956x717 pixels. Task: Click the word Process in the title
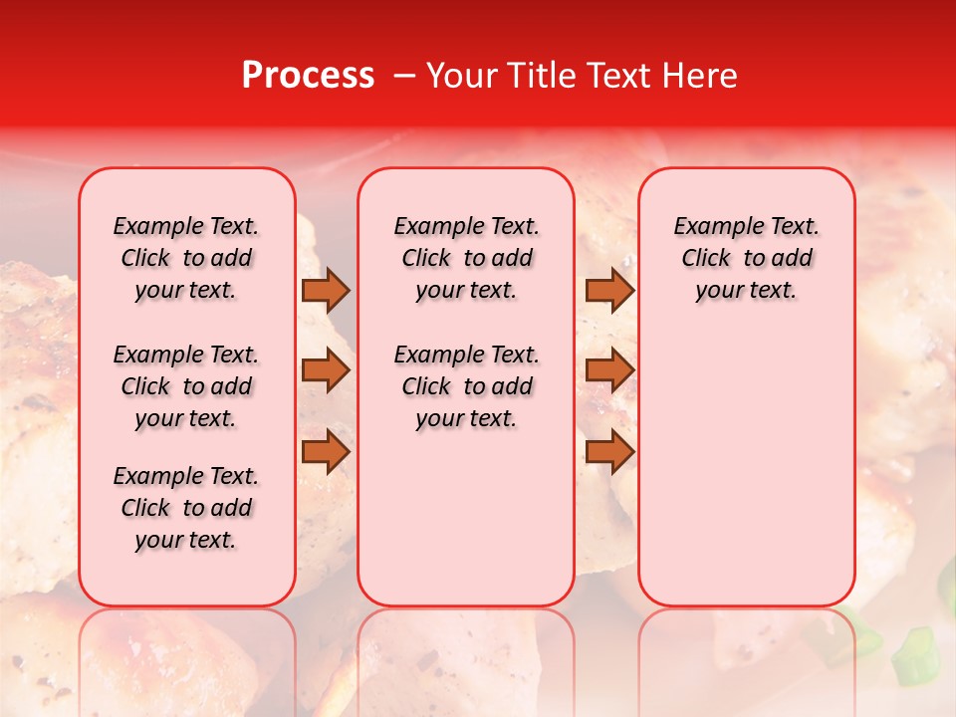[307, 76]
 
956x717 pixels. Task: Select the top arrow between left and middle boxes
[326, 290]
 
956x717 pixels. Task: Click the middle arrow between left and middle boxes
[326, 370]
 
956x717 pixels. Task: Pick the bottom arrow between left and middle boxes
[326, 451]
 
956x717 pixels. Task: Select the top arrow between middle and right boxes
[609, 290]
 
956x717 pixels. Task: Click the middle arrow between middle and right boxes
[609, 370]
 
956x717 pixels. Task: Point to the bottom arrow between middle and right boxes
[609, 451]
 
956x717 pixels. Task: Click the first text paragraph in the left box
[186, 258]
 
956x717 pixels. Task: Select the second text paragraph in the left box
[186, 386]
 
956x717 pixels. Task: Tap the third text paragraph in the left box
[186, 508]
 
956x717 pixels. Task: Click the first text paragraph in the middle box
[466, 258]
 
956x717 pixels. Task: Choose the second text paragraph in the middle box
[466, 386]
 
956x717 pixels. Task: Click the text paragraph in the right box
[747, 258]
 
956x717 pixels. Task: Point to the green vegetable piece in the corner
[913, 657]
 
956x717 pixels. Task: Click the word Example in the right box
[711, 227]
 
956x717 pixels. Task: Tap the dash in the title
[403, 76]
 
